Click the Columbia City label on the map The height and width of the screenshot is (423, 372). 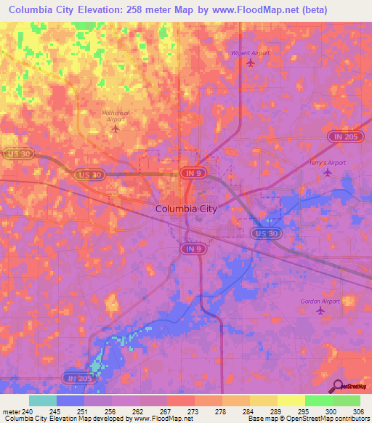pos(186,209)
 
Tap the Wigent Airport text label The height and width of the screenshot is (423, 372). pos(250,53)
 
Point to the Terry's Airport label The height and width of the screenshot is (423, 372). pos(328,163)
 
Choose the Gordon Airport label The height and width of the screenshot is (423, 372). pos(320,300)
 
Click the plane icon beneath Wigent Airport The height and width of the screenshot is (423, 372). pos(251,63)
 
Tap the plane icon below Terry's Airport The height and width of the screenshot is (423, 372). pos(327,172)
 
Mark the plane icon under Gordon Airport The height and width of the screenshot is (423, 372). pos(320,310)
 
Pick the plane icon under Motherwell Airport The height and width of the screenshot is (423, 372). pos(116,129)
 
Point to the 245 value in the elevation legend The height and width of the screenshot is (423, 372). pos(54,411)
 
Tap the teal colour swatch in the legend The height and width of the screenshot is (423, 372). pos(42,400)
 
